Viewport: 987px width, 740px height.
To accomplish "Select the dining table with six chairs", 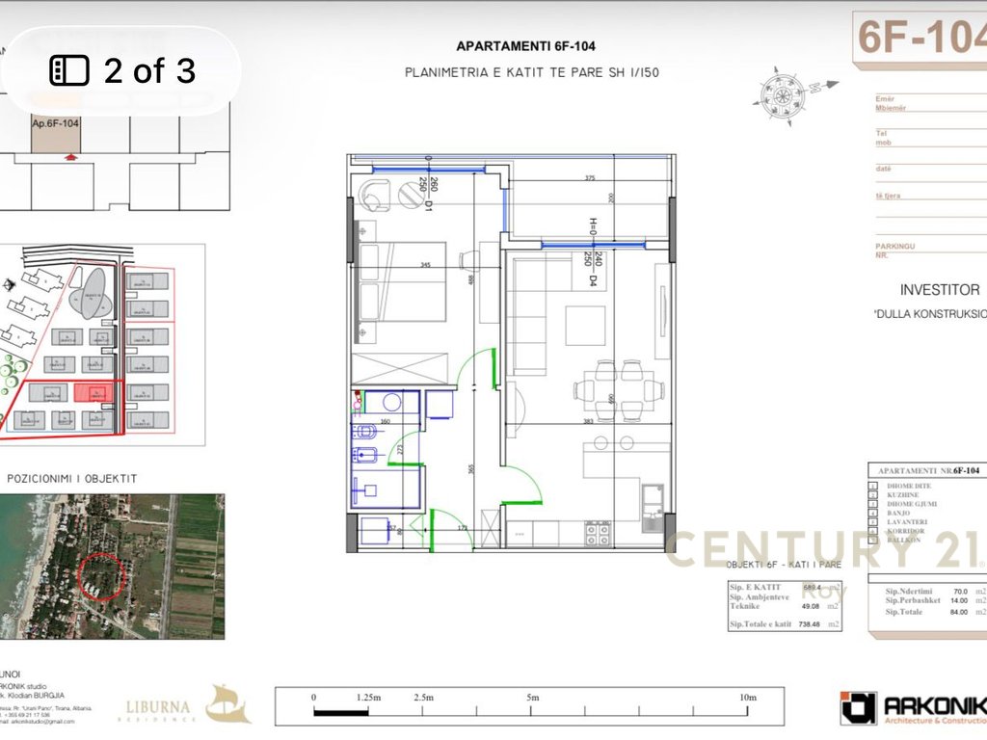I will (619, 390).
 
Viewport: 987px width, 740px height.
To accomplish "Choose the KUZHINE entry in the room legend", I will (904, 495).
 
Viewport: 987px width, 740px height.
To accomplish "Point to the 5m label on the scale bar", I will (533, 697).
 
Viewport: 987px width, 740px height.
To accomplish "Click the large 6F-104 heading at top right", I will (920, 39).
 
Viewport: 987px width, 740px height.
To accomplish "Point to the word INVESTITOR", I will (939, 289).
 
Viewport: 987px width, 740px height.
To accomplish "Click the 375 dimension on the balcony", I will (590, 177).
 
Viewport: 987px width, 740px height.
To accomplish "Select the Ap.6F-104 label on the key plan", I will (55, 123).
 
